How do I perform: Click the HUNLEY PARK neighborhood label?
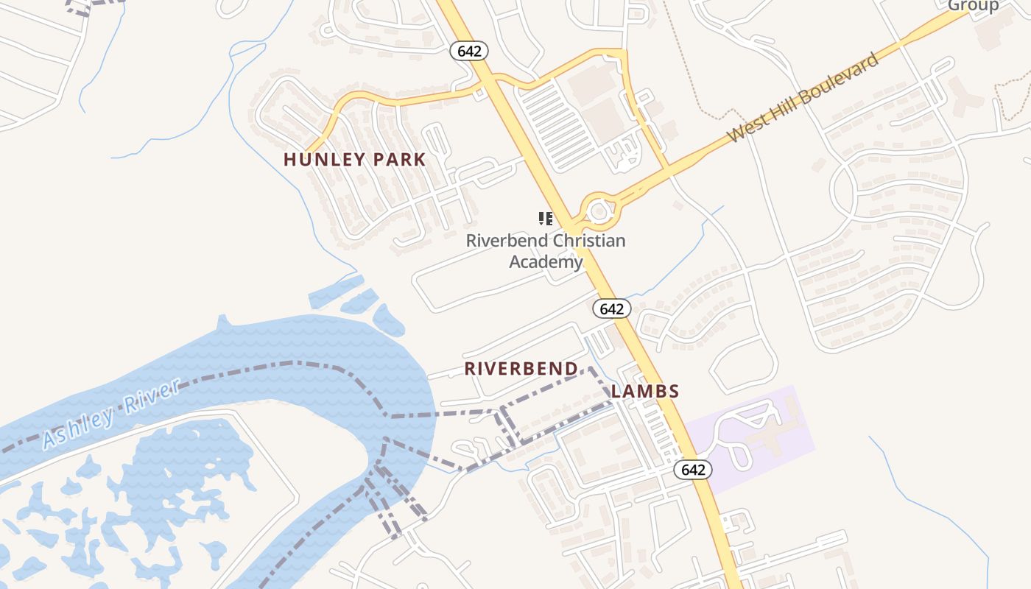pyautogui.click(x=354, y=159)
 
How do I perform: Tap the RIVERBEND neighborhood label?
pyautogui.click(x=521, y=369)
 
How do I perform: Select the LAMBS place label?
pyautogui.click(x=645, y=392)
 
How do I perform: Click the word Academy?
pyautogui.click(x=546, y=261)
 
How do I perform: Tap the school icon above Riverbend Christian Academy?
pyautogui.click(x=546, y=218)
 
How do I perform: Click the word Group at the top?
pyautogui.click(x=973, y=7)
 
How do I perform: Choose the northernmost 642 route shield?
pyautogui.click(x=469, y=51)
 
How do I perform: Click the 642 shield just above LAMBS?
pyautogui.click(x=611, y=308)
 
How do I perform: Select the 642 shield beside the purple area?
pyautogui.click(x=693, y=470)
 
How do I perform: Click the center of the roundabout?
pyautogui.click(x=599, y=211)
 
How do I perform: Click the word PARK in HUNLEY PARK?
pyautogui.click(x=398, y=159)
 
